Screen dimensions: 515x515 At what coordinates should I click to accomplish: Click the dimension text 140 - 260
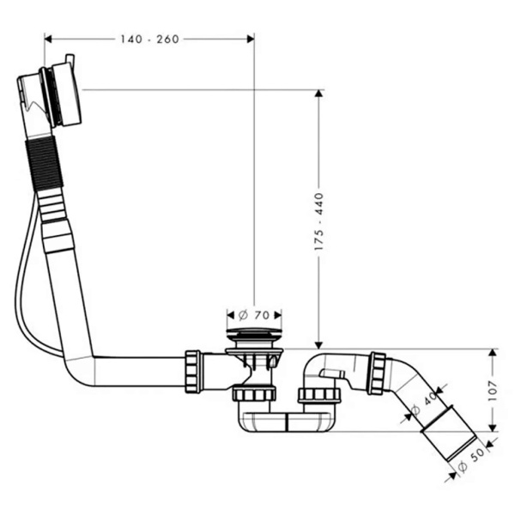[x=150, y=39]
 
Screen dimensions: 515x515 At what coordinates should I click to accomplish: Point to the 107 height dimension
[x=494, y=391]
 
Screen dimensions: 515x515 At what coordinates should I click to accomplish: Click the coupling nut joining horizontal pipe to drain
[x=193, y=370]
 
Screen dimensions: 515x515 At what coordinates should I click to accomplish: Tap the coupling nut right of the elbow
[x=376, y=373]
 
